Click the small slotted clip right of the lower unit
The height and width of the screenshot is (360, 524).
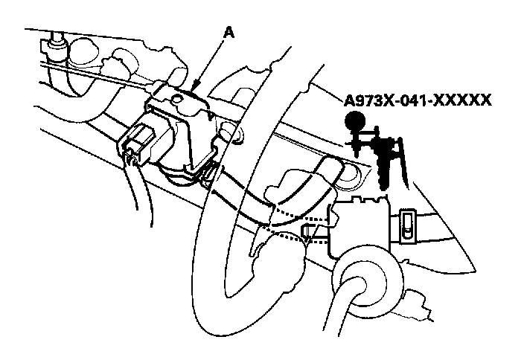tap(409, 225)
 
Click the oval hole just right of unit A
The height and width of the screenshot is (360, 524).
tap(236, 136)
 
